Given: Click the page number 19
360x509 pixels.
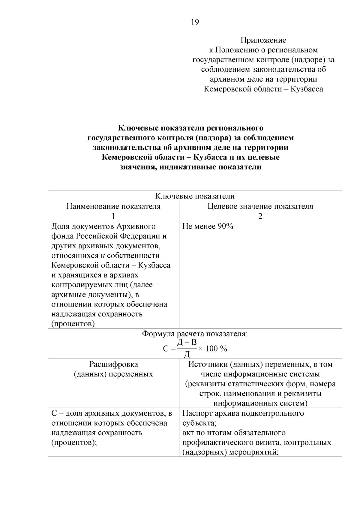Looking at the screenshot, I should (194, 22).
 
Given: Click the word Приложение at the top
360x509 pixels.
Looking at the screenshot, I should (263, 40).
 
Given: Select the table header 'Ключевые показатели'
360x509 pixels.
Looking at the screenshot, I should (195, 196).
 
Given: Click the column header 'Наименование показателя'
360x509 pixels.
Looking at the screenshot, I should (113, 206).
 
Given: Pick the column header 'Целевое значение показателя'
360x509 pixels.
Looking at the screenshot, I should (260, 206).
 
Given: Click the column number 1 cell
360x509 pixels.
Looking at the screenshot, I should (113, 216).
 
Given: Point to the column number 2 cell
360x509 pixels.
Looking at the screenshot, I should (260, 216).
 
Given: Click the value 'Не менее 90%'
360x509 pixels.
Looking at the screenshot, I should (208, 226).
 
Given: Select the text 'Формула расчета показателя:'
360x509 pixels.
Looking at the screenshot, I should (195, 334).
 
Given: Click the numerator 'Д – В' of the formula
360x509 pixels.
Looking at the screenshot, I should (187, 342).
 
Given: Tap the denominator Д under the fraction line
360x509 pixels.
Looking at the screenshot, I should (187, 354).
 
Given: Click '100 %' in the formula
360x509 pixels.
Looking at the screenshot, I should (216, 349).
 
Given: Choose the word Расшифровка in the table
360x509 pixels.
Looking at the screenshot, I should (113, 364).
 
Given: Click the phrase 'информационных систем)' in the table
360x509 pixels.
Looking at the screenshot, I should (260, 403).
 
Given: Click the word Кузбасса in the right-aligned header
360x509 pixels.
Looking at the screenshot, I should (307, 89).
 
